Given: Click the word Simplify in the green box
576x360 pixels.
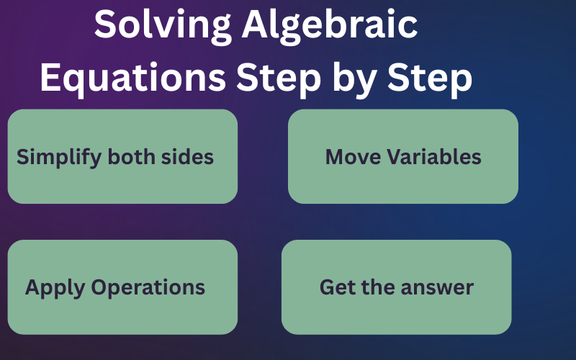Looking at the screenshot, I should (x=59, y=157).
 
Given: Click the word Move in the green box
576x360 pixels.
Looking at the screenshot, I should (x=353, y=157).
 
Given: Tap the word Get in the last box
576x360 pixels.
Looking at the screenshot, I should (x=336, y=287).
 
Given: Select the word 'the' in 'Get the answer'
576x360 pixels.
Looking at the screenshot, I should (x=374, y=287).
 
